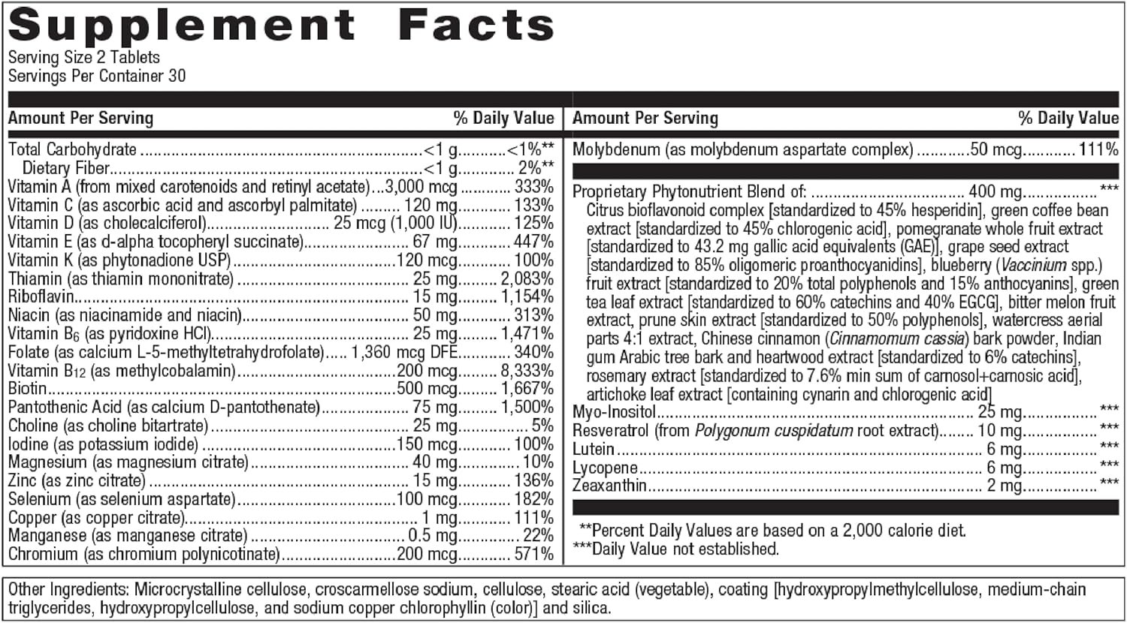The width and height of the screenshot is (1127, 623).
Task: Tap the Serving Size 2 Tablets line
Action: coord(83,58)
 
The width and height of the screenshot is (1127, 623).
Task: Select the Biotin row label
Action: coord(27,390)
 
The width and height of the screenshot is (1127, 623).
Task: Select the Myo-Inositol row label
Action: coord(614,412)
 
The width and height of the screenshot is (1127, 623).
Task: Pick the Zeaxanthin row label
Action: coord(609,486)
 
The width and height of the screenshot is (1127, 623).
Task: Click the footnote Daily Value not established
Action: coord(685,549)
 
